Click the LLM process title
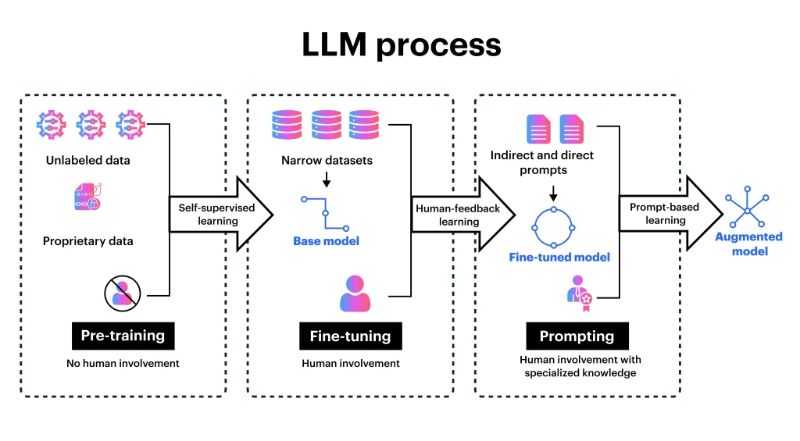point(401,45)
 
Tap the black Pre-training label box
point(123,336)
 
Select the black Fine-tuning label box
point(350,336)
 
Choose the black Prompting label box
point(577,336)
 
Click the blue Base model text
point(327,241)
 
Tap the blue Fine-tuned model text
point(559,257)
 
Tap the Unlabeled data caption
point(87,161)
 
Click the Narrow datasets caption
point(327,161)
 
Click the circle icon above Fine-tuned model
point(553,227)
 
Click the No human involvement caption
point(123,363)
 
